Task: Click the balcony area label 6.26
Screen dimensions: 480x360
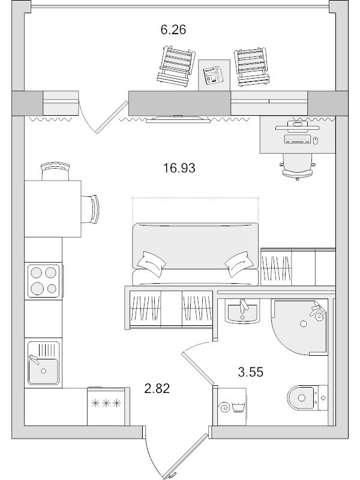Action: (173, 30)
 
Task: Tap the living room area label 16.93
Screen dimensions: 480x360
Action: (179, 169)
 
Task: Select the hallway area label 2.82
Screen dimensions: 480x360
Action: (158, 389)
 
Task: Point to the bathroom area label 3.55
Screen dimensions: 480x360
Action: (251, 372)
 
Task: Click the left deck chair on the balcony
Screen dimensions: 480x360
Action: (175, 65)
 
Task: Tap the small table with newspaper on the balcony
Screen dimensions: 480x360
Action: (214, 76)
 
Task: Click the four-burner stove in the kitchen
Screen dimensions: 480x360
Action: (43, 280)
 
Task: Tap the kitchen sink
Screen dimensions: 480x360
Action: (43, 364)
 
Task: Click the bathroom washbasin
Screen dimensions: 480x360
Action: (242, 312)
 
